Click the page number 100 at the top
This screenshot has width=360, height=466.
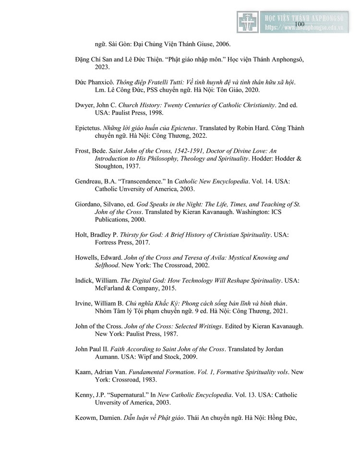coord(299,24)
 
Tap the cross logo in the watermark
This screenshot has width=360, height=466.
coord(248,22)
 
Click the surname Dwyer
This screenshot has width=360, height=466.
coord(84,105)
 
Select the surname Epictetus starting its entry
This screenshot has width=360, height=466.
coord(88,128)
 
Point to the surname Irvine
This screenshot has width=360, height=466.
coord(84,303)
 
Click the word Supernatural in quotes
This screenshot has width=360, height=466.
coord(126,395)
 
